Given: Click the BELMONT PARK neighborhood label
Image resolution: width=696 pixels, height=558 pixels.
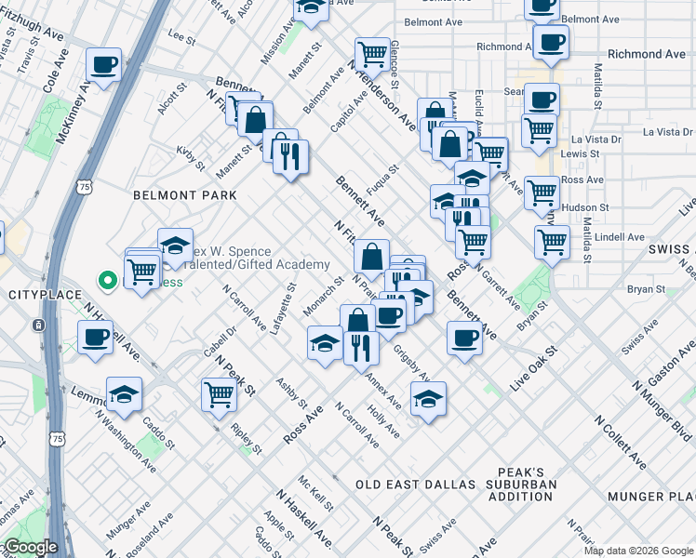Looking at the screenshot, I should coord(185,195).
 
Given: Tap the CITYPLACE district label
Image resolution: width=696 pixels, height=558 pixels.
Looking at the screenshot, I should coord(40,294).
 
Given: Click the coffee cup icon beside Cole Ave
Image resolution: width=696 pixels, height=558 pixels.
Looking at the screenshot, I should coord(104,66).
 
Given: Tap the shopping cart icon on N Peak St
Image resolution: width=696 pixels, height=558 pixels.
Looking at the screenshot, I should coord(219,393).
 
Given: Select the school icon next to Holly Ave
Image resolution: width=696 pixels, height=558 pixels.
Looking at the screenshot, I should coord(428,400).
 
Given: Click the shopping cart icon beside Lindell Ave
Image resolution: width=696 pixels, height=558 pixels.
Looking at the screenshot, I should coord(552,242).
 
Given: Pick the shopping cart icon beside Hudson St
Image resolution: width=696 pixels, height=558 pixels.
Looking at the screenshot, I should coord(542,194).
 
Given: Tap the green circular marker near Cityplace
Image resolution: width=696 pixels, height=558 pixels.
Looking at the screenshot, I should coord(108,278).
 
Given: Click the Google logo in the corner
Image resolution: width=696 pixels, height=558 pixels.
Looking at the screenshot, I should coord(31,547).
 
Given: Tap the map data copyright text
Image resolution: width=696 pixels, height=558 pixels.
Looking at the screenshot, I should coord(637,551).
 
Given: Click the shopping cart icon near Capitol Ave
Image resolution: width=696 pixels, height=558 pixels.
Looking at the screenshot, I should coord(372,54).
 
